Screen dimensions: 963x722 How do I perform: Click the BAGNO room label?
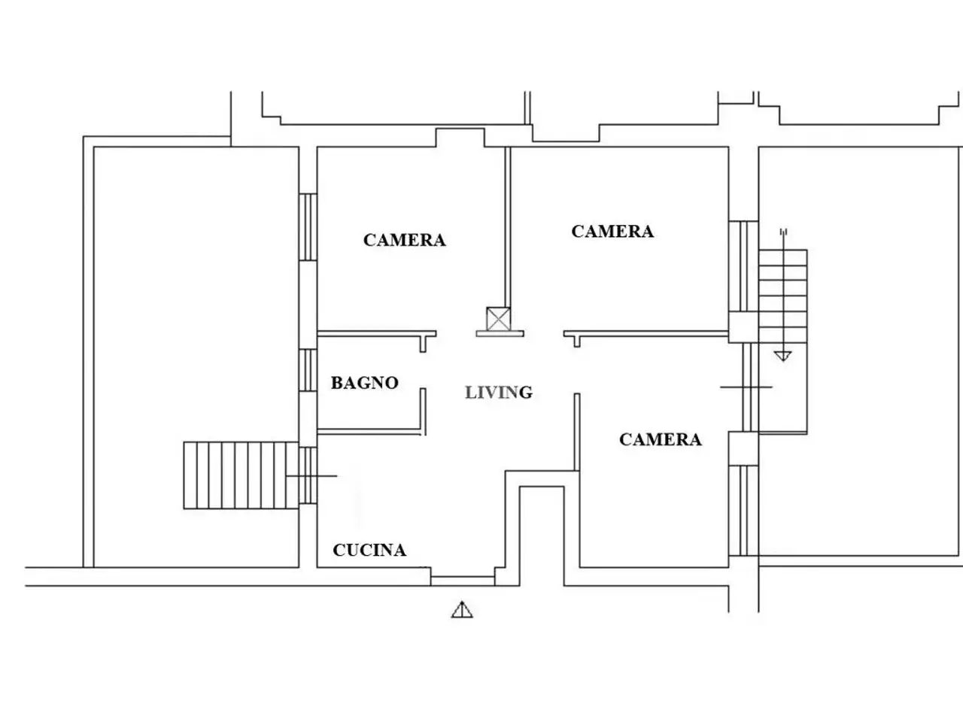click(x=365, y=383)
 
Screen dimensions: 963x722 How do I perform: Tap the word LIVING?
click(x=499, y=393)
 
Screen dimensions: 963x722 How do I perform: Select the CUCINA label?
click(x=369, y=551)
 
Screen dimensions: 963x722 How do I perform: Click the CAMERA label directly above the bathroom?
click(x=405, y=240)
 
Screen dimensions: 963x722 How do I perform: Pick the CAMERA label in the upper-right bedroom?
click(x=612, y=232)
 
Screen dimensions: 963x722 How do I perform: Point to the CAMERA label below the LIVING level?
click(x=661, y=440)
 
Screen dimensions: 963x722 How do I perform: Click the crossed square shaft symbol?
click(x=498, y=319)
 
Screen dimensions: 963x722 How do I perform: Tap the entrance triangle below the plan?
click(x=462, y=610)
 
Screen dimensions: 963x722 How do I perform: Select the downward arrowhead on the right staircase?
click(x=783, y=356)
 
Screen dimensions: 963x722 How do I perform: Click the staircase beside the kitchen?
click(x=241, y=475)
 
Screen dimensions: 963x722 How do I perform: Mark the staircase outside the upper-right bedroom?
click(x=782, y=296)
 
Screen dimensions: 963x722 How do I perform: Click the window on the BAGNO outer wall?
click(x=308, y=370)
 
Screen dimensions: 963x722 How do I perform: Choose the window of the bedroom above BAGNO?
click(x=308, y=227)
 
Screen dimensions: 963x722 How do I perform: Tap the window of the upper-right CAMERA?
click(x=743, y=266)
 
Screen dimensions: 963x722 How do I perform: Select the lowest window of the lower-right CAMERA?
click(x=743, y=511)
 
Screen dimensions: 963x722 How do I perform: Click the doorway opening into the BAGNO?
click(x=423, y=370)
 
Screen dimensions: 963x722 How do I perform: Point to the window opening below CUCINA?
click(x=463, y=581)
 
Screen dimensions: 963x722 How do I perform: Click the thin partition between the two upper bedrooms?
click(x=508, y=227)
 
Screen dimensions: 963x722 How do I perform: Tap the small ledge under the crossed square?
click(x=500, y=334)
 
